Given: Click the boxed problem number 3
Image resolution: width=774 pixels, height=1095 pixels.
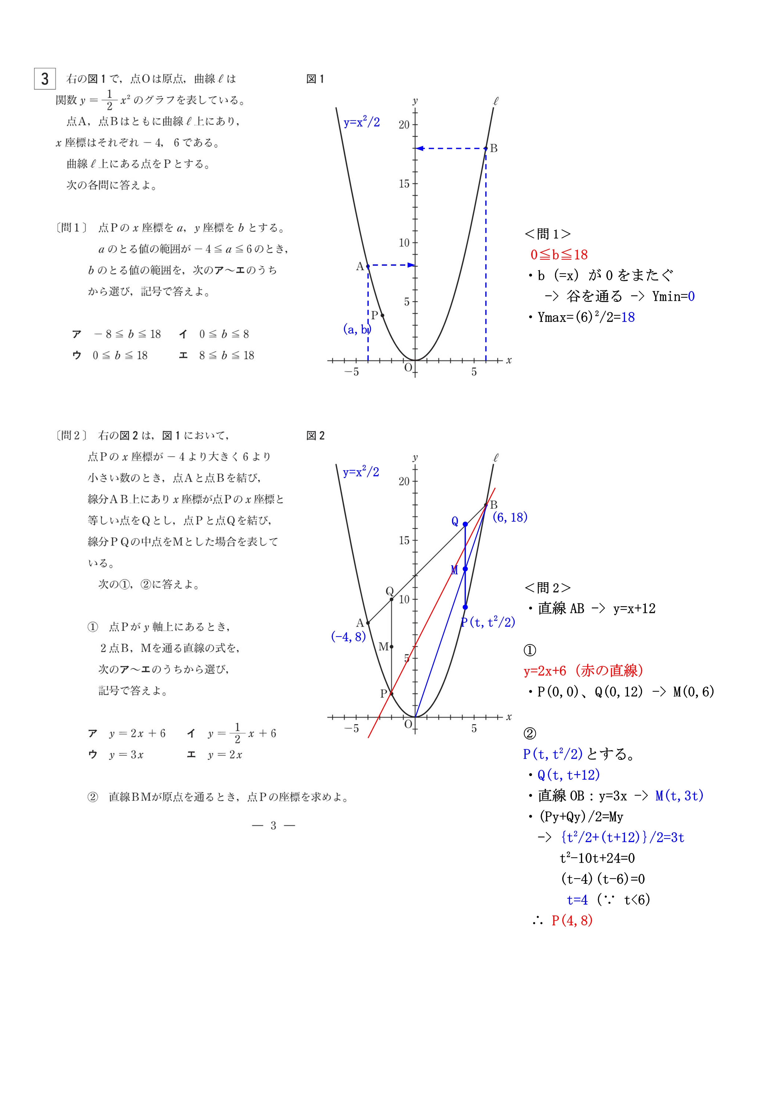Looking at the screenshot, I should pyautogui.click(x=45, y=79).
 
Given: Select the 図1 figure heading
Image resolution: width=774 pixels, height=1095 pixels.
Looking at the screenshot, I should pyautogui.click(x=315, y=79).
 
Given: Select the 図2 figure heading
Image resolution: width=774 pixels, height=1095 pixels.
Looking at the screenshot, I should pyautogui.click(x=315, y=435).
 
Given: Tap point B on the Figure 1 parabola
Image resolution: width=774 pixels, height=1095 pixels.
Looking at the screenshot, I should pyautogui.click(x=486, y=148).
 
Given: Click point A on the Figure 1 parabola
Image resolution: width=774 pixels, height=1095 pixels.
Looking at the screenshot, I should pyautogui.click(x=368, y=266).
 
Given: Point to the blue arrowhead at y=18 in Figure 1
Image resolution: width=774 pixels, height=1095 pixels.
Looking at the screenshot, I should pyautogui.click(x=419, y=148).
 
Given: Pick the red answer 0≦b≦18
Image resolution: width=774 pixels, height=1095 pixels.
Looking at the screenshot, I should pyautogui.click(x=559, y=255).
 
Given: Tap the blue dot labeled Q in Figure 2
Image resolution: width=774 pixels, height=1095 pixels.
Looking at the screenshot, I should pyautogui.click(x=465, y=524).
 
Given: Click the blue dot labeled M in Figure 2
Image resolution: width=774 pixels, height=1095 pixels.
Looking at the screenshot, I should pyautogui.click(x=465, y=569).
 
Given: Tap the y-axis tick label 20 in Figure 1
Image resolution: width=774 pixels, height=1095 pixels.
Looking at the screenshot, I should pyautogui.click(x=404, y=125).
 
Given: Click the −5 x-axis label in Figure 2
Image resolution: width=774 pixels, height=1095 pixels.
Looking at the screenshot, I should pyautogui.click(x=352, y=729).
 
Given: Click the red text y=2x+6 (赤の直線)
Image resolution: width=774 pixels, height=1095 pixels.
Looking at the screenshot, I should pyautogui.click(x=584, y=671).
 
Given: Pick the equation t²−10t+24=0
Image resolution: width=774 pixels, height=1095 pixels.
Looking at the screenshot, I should pyautogui.click(x=597, y=858).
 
